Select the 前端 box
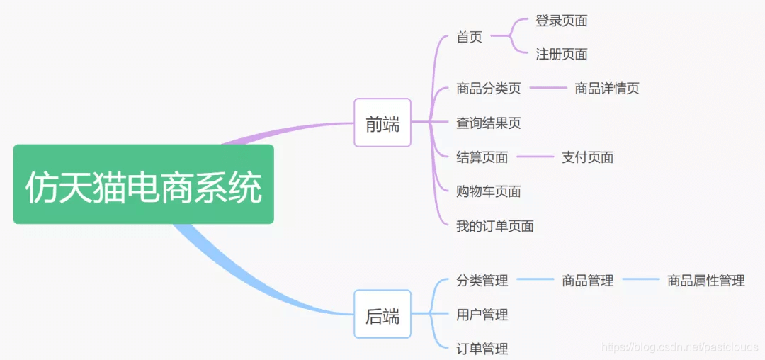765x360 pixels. pyautogui.click(x=382, y=123)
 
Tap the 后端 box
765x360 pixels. pyautogui.click(x=382, y=315)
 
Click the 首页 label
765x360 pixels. pyautogui.click(x=469, y=37)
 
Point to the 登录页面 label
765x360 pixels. pyautogui.click(x=561, y=21)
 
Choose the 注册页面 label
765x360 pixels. pyautogui.click(x=561, y=54)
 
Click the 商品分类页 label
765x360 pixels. pyautogui.click(x=489, y=89)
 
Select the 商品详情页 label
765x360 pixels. pyautogui.click(x=607, y=89)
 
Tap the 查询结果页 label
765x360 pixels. pyautogui.click(x=489, y=123)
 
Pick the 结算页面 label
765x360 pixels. pyautogui.click(x=482, y=157)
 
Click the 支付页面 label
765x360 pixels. pyautogui.click(x=587, y=157)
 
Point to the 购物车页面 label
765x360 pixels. pyautogui.click(x=489, y=191)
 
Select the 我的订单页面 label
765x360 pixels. pyautogui.click(x=495, y=226)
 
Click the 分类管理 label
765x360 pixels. pyautogui.click(x=482, y=281)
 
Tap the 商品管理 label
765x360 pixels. pyautogui.click(x=587, y=281)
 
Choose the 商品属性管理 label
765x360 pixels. pyautogui.click(x=705, y=281)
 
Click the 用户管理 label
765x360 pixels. pyautogui.click(x=482, y=315)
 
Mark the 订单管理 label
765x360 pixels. pyautogui.click(x=482, y=349)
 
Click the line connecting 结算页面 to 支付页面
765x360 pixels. pyautogui.click(x=535, y=157)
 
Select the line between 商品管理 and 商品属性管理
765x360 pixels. pyautogui.click(x=641, y=280)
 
